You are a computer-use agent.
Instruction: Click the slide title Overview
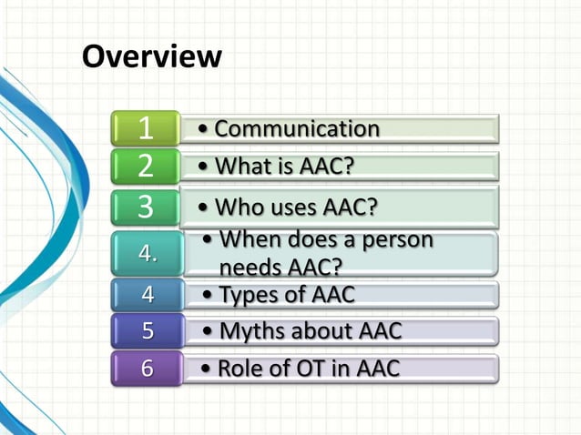[151, 56]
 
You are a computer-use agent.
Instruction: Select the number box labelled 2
[145, 167]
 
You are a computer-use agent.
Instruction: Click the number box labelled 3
[145, 207]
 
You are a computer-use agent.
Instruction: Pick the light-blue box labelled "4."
[145, 254]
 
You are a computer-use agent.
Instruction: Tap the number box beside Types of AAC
[145, 294]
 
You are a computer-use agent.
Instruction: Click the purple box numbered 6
[145, 368]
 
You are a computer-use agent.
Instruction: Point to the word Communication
[296, 129]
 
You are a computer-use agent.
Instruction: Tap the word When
[252, 240]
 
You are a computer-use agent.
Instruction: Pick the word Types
[250, 295]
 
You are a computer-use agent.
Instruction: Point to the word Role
[241, 368]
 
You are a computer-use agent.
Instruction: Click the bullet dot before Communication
[207, 129]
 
